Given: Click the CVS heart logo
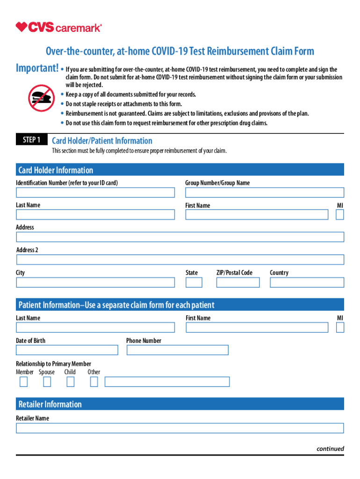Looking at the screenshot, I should tap(22, 27).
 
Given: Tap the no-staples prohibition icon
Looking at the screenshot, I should tap(41, 98).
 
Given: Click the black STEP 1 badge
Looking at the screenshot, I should tap(32, 140).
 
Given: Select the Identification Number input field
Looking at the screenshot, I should tap(95, 192).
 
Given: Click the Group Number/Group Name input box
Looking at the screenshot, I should tap(264, 192).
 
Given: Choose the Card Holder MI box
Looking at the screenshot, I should tap(340, 215).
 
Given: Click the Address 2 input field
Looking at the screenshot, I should tap(180, 260).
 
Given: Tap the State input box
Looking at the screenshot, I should tap(194, 283).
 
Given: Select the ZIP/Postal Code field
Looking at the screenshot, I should tap(238, 283).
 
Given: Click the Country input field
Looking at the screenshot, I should tap(307, 283).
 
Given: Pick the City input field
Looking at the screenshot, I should tap(95, 283).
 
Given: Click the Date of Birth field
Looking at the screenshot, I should tap(67, 350).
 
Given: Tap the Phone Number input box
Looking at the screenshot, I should tap(177, 350).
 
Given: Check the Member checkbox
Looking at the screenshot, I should tap(23, 382).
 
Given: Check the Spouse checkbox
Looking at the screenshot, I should tap(47, 382).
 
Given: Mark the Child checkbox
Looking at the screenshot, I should tap(70, 382).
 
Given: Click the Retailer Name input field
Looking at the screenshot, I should tap(180, 428).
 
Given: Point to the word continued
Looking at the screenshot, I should tap(330, 449).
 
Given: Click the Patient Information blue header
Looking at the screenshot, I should tap(180, 305).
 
